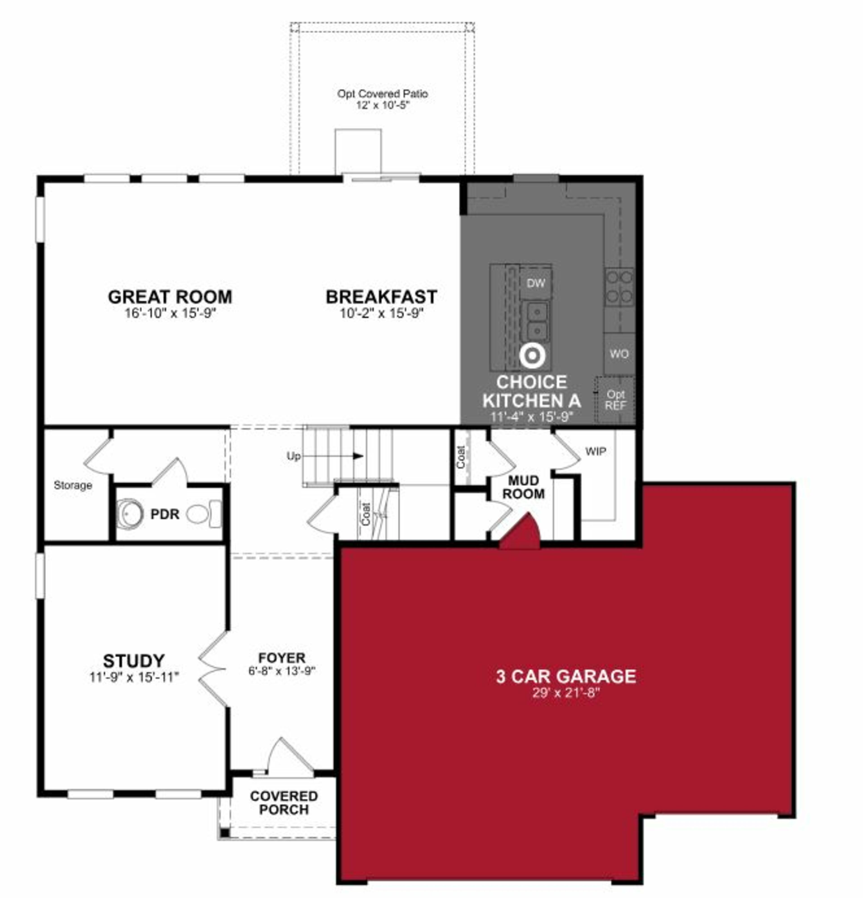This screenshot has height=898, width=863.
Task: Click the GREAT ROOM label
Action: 170,297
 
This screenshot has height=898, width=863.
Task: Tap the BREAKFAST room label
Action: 381,297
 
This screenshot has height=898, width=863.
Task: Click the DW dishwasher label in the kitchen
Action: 536,283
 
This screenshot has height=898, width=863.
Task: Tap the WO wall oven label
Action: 619,354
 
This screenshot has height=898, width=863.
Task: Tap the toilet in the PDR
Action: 204,514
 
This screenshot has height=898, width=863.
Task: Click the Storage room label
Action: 73,485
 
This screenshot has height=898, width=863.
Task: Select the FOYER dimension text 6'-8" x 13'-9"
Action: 282,671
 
